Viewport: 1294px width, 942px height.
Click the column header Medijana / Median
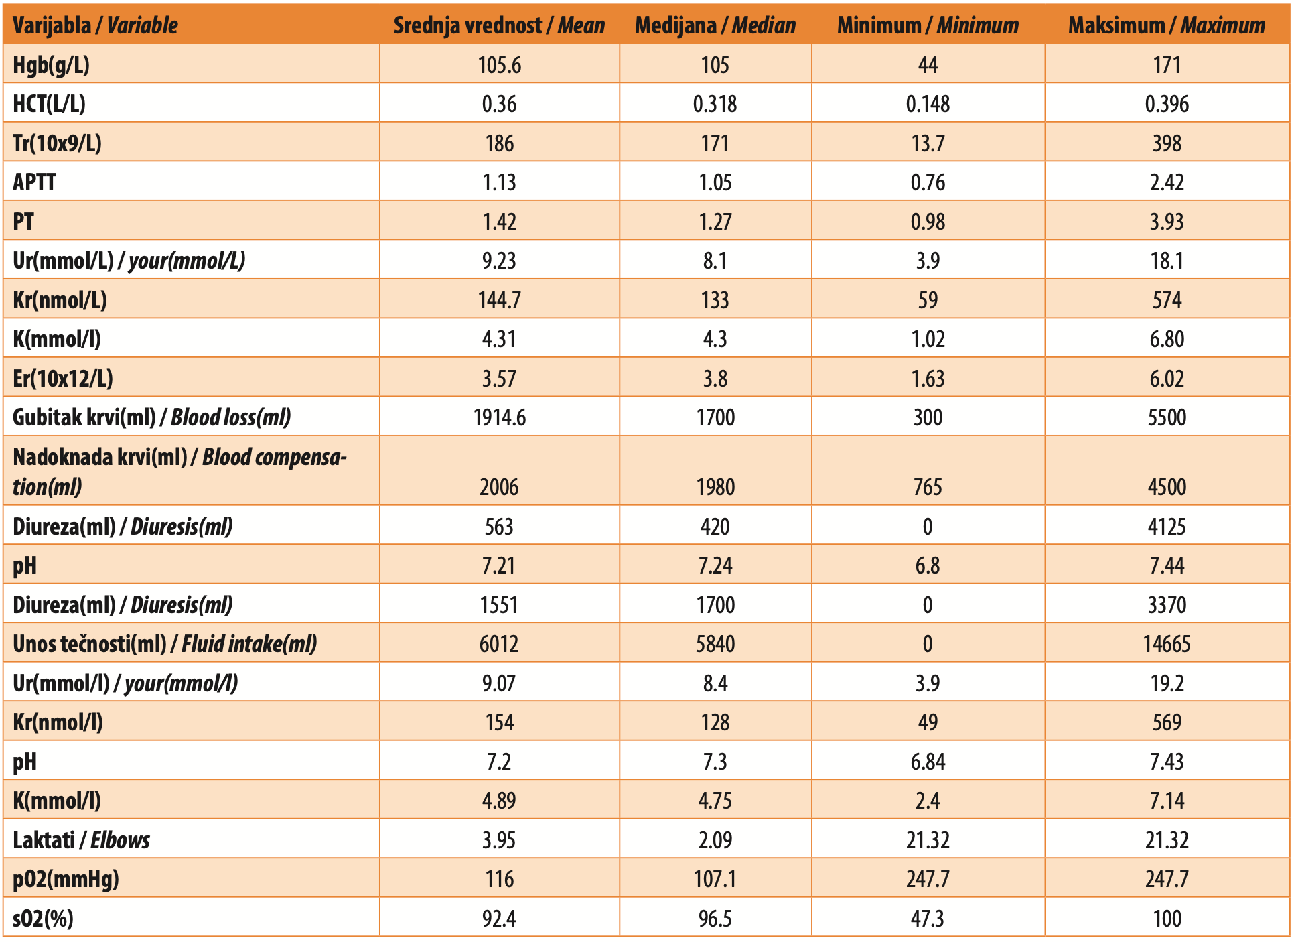coord(715,25)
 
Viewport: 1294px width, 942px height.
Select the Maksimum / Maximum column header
coord(1167,25)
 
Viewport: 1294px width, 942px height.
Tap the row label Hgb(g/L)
coord(52,65)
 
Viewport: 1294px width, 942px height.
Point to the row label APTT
coord(34,182)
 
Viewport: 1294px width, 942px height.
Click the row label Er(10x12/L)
coord(63,379)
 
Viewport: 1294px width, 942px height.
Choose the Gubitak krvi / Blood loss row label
coord(152,417)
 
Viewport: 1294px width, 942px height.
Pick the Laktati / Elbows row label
coord(82,840)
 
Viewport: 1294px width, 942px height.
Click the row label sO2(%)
coord(44,919)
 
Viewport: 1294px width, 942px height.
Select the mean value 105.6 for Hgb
coord(500,65)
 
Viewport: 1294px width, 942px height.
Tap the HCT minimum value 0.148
coord(928,104)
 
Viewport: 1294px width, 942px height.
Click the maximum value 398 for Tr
coord(1167,143)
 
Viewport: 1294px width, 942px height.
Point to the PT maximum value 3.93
coord(1167,222)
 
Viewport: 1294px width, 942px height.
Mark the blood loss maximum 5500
coord(1167,417)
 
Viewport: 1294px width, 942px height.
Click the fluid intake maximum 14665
coord(1167,644)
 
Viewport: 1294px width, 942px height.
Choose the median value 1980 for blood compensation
coord(715,487)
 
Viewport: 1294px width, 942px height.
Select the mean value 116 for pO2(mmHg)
coord(500,879)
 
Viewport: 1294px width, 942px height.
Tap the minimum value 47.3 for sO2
coord(928,919)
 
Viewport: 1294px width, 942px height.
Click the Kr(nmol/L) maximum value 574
coord(1167,300)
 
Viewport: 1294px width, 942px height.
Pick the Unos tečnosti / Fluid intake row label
coord(165,644)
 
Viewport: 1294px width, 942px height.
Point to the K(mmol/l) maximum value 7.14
coord(1167,801)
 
